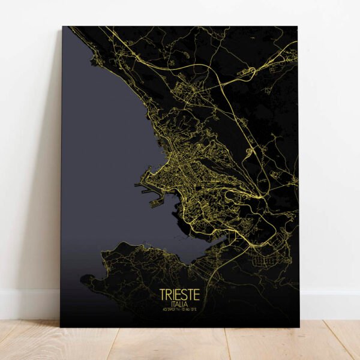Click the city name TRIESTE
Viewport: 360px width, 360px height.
[180, 295]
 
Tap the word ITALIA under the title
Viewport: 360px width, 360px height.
[180, 304]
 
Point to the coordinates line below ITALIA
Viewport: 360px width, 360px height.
[180, 310]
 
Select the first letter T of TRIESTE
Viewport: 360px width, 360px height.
[161, 295]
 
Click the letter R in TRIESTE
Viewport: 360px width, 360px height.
[169, 295]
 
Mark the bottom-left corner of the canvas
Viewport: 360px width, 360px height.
[61, 326]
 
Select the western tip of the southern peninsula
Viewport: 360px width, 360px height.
[85, 278]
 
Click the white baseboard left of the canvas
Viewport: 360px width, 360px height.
[30, 306]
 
